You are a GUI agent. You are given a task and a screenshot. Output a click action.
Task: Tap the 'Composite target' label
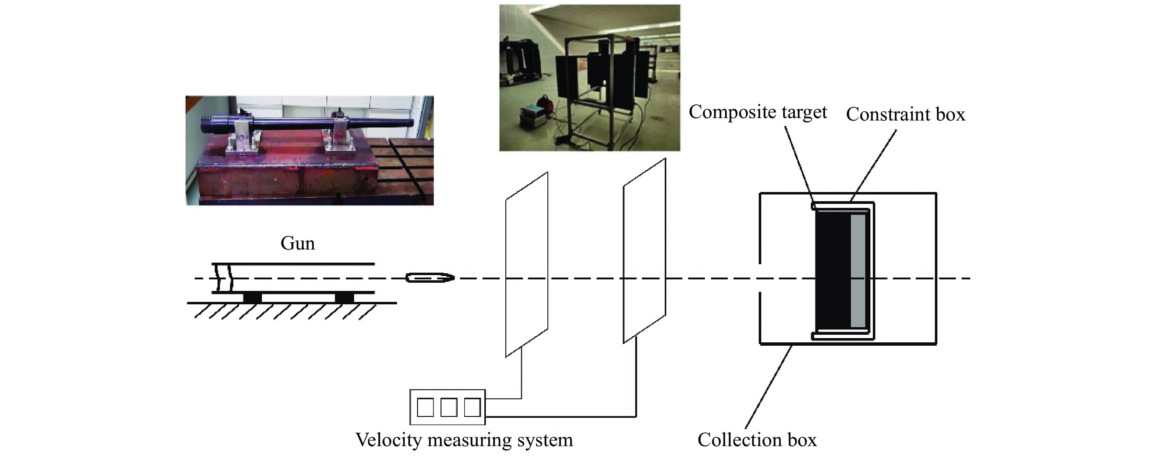click(758, 112)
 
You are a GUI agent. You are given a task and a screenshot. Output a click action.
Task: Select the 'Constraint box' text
click(905, 115)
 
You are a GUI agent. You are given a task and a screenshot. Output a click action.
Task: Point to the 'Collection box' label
click(757, 440)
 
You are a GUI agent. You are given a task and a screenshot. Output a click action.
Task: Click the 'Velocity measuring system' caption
click(464, 440)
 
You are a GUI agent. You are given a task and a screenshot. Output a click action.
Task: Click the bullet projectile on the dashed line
click(430, 278)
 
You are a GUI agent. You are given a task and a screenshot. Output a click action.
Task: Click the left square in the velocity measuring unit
click(425, 407)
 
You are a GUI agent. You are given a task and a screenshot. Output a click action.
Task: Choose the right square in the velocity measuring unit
click(472, 407)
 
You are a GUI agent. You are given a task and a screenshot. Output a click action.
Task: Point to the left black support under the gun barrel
click(252, 297)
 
